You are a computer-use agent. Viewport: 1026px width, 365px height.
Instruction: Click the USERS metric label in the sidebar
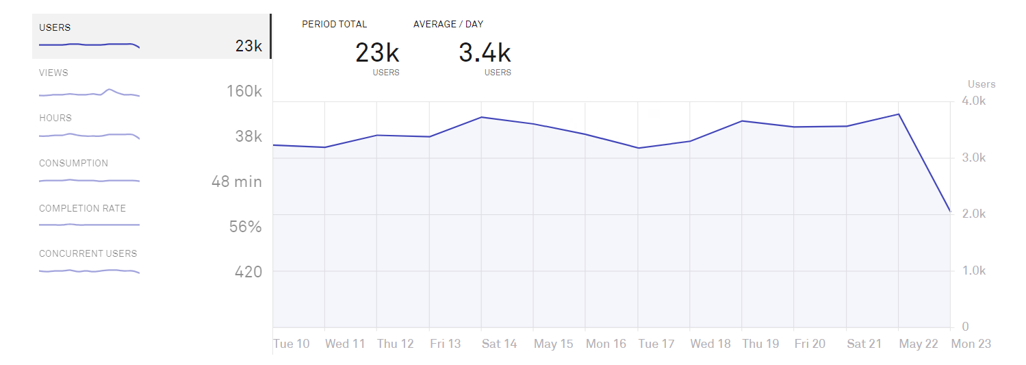(x=55, y=28)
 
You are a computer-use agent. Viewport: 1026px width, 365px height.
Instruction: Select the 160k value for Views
(x=244, y=91)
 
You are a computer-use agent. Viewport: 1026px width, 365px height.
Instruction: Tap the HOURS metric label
(x=55, y=118)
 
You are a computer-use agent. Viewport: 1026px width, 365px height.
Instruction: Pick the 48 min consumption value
(x=237, y=181)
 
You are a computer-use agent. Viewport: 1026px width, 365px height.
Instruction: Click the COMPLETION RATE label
(x=82, y=209)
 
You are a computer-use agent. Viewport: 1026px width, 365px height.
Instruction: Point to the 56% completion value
(x=246, y=227)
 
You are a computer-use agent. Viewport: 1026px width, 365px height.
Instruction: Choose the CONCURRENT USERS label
(x=88, y=254)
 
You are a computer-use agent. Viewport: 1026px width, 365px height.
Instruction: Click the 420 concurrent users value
(x=248, y=272)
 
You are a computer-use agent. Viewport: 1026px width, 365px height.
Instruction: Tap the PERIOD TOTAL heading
(x=334, y=24)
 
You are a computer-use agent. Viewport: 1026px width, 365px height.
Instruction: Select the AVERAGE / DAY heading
(x=448, y=24)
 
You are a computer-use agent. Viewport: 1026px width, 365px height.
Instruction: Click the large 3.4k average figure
(x=485, y=53)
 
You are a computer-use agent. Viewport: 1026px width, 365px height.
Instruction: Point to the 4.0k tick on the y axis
(x=973, y=101)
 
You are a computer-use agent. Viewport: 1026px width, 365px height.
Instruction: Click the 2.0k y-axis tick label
(x=973, y=214)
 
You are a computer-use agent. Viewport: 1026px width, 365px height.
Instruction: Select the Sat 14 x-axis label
(x=499, y=344)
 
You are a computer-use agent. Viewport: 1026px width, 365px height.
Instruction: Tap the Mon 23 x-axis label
(x=971, y=344)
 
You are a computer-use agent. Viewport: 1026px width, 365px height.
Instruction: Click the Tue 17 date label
(x=656, y=344)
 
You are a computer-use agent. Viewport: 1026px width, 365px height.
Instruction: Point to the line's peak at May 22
(x=898, y=114)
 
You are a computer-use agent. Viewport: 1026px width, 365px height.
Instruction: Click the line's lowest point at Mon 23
(x=950, y=211)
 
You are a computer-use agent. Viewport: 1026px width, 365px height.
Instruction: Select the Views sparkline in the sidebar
(x=89, y=93)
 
